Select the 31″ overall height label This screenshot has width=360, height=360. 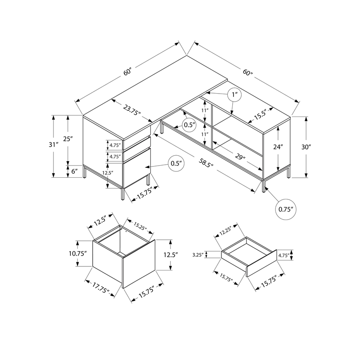coord(54,145)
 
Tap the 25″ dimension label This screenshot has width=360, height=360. coord(68,139)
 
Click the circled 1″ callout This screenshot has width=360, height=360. coord(234,95)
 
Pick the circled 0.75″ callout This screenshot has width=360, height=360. coord(285,209)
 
